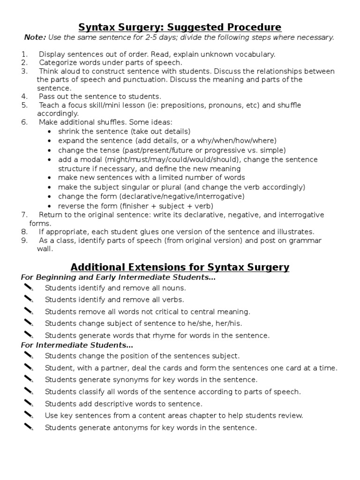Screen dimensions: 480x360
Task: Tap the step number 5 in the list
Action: click(23, 105)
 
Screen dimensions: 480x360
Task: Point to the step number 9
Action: click(23, 240)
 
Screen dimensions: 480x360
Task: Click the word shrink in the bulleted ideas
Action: click(68, 131)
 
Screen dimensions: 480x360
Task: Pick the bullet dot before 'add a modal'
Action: click(50, 160)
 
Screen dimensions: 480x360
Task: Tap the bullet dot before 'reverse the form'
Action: click(50, 206)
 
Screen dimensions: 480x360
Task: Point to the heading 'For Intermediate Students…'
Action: click(77, 345)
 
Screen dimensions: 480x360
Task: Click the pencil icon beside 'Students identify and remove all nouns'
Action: click(28, 287)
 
